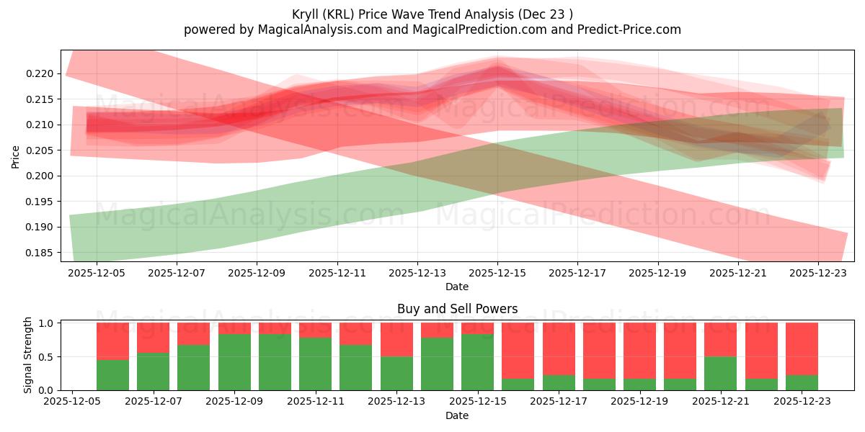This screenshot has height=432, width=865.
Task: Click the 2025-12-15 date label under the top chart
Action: tap(497, 274)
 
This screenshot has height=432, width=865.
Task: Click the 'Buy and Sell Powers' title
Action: tap(457, 309)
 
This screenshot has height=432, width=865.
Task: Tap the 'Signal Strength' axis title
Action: tap(28, 356)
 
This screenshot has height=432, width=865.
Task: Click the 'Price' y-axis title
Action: tap(16, 156)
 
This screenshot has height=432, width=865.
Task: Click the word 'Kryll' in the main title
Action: tap(307, 14)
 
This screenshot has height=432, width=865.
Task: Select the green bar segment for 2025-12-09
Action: tap(234, 362)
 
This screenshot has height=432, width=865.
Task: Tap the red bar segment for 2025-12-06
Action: tap(112, 341)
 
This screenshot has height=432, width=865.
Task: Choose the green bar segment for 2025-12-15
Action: tap(478, 362)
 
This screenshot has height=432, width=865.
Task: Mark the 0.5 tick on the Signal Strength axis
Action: tap(48, 356)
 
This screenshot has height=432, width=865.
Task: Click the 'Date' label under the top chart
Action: tap(457, 287)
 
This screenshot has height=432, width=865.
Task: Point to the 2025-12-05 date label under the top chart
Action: tap(96, 274)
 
